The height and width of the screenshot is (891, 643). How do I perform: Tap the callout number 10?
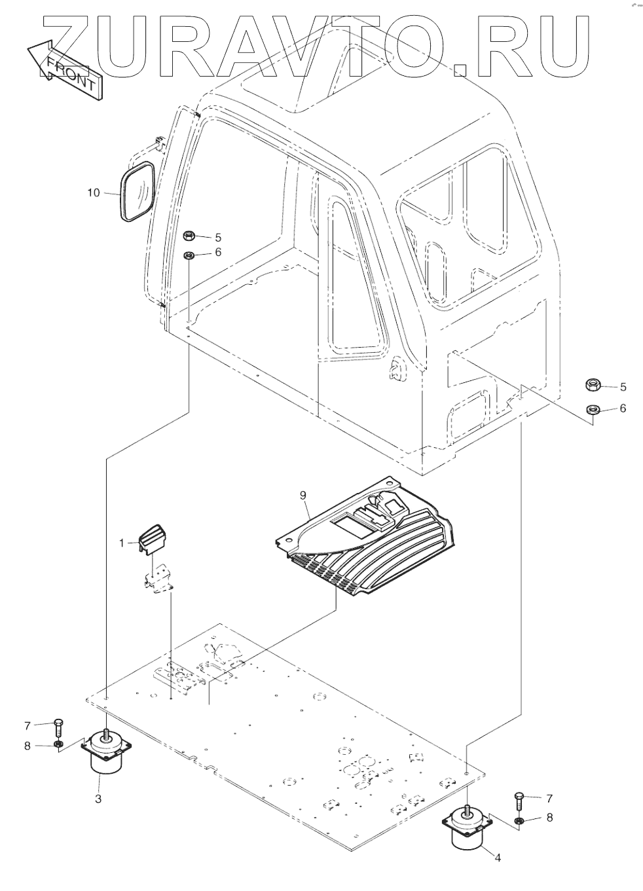(94, 192)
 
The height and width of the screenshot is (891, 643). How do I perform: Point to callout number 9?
(303, 496)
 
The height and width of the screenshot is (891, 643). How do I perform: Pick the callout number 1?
(122, 542)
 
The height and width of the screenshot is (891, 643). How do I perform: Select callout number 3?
(98, 798)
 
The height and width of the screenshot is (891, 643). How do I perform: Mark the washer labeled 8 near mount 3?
(58, 745)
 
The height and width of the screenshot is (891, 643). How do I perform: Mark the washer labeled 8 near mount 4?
(519, 820)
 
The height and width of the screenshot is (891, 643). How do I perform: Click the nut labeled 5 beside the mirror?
(189, 236)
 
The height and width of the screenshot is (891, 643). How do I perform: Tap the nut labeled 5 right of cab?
(594, 386)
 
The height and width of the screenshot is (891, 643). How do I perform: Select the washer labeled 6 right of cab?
(593, 409)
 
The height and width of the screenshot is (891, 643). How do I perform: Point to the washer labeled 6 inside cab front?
(189, 255)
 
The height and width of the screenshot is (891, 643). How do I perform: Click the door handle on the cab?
(397, 370)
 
